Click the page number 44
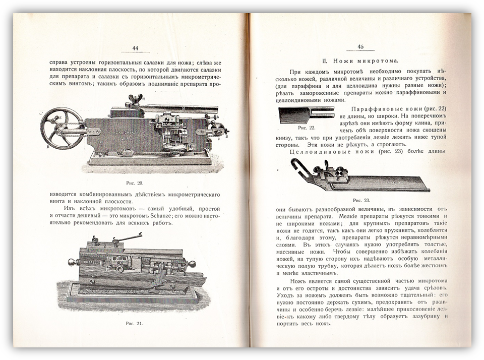point(135,48)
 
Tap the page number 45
point(360,46)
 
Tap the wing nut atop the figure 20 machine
point(135,99)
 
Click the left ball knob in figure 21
point(73,262)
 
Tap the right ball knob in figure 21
point(193,265)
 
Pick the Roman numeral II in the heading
point(326,59)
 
